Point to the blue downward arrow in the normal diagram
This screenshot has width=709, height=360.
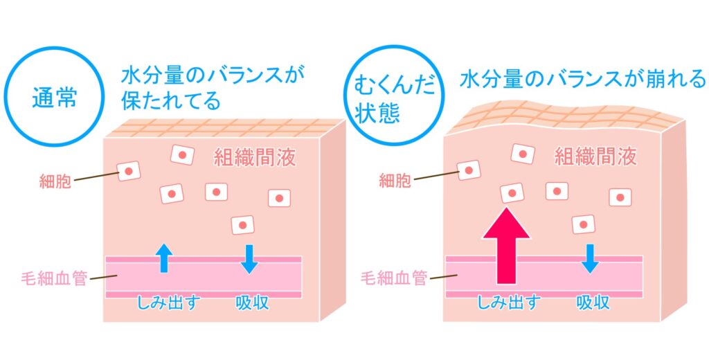pos(250,258)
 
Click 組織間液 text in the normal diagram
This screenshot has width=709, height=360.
pos(255,158)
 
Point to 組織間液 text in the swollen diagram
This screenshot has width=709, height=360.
pos(595,157)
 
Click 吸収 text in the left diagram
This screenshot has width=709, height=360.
pos(251,303)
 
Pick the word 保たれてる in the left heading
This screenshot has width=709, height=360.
pos(170,102)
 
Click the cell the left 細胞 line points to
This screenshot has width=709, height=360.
pos(128,170)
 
